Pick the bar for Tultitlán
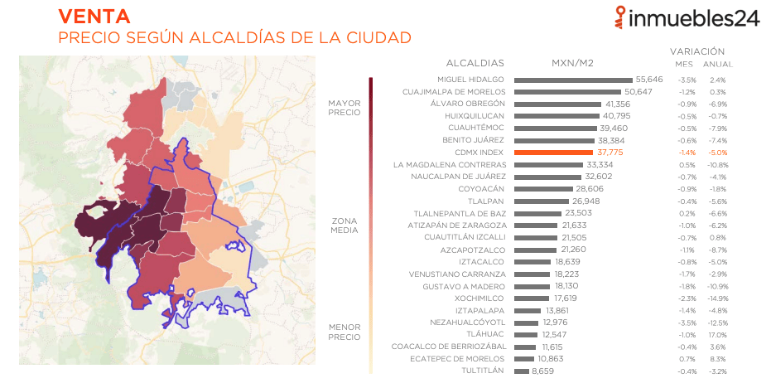(521, 371)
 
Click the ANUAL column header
(717, 65)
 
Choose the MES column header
(684, 65)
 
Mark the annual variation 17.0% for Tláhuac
(717, 334)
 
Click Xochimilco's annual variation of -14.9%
(717, 298)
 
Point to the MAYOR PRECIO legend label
(344, 108)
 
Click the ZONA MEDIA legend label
(345, 226)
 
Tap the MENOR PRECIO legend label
(344, 332)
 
